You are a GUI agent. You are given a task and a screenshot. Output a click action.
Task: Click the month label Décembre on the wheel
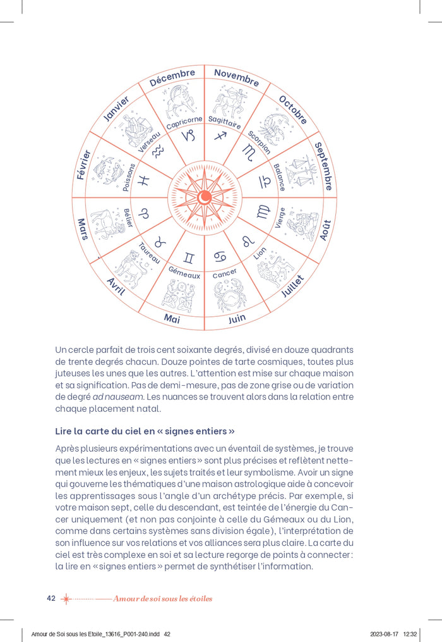click(x=172, y=78)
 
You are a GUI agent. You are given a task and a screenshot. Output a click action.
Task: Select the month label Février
click(x=83, y=165)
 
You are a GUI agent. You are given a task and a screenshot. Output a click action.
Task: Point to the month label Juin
click(x=237, y=319)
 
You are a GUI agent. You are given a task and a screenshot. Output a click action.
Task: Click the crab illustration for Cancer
click(x=229, y=294)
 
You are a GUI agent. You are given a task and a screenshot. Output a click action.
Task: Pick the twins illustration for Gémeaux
click(x=178, y=295)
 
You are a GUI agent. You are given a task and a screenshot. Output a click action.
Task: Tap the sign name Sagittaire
click(x=225, y=122)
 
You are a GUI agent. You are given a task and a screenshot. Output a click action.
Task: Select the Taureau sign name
click(x=150, y=254)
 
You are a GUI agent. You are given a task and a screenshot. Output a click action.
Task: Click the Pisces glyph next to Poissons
click(x=145, y=180)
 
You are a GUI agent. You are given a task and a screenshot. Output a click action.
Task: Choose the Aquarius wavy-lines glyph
click(x=158, y=151)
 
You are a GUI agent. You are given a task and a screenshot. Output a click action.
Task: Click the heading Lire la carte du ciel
click(x=145, y=431)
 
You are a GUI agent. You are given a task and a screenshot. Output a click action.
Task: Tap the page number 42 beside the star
click(x=51, y=598)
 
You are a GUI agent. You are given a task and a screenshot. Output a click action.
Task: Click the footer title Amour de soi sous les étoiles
click(x=163, y=599)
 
